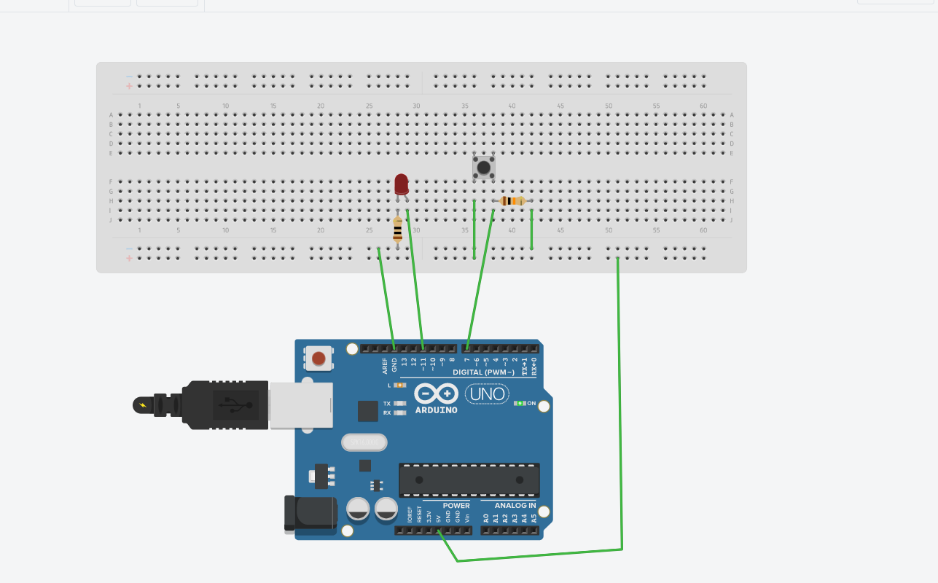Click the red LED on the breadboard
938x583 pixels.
point(402,184)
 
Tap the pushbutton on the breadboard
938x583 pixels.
point(483,168)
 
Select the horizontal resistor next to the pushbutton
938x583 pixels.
point(514,201)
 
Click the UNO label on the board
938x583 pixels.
point(487,394)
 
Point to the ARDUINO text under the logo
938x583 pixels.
point(436,410)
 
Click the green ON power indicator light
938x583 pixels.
point(519,403)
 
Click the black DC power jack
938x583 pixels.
point(310,512)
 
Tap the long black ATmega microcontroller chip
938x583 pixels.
point(469,480)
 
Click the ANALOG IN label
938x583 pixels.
point(515,505)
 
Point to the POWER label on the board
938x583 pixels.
point(456,505)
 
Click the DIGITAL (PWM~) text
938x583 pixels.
point(483,372)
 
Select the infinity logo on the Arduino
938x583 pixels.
point(436,394)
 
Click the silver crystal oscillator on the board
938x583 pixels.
point(364,442)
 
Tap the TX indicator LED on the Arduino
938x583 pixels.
point(399,403)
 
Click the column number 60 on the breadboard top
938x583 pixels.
point(703,106)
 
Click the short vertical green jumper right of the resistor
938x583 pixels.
point(531,230)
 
